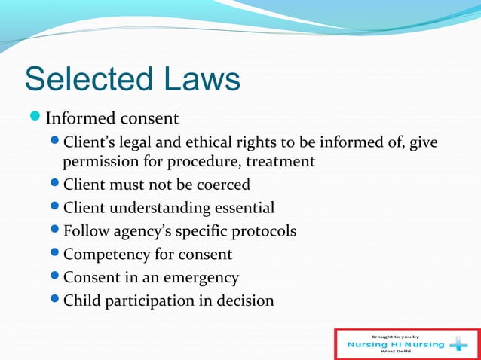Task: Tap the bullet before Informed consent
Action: tap(37, 118)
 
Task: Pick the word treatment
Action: tap(282, 161)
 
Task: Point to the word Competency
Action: tap(107, 255)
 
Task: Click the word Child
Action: tap(81, 301)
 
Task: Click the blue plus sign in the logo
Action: tap(458, 345)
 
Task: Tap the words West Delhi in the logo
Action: tap(397, 352)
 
